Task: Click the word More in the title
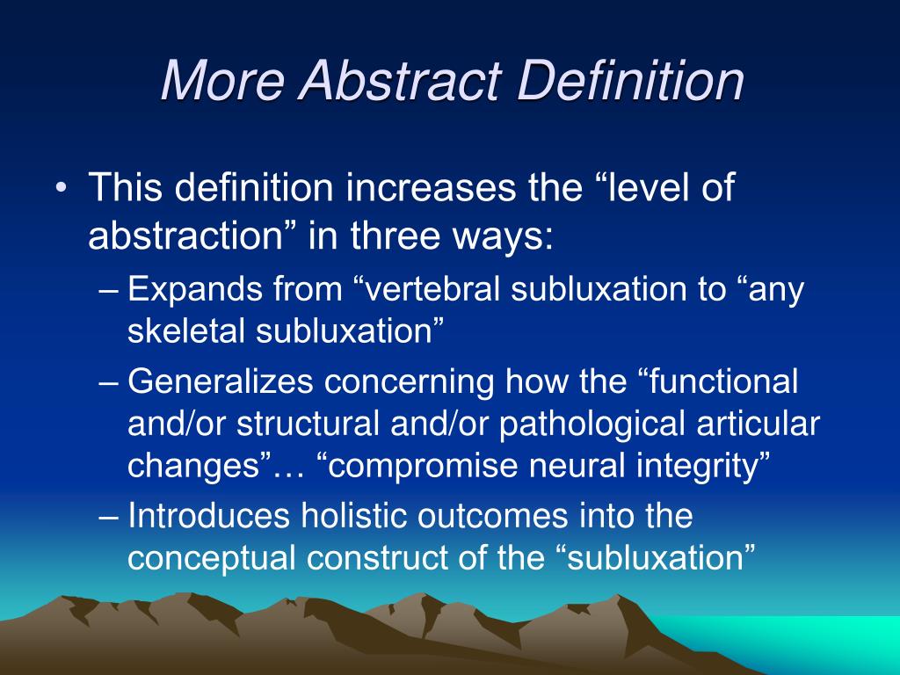(x=222, y=82)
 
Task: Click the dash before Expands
(x=109, y=291)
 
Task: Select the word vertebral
(x=437, y=290)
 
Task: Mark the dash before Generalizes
(x=109, y=383)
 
